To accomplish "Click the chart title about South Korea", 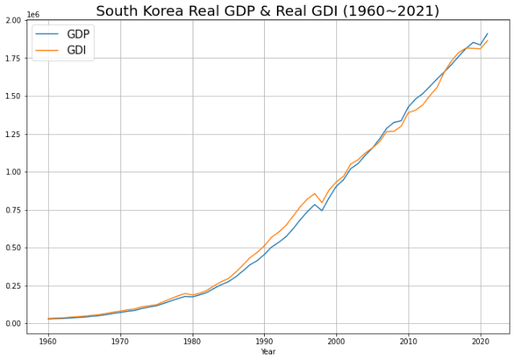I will [x=268, y=10].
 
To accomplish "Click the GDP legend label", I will [x=78, y=34].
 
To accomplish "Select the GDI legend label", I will [x=77, y=51].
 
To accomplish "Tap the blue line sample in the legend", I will [x=47, y=34].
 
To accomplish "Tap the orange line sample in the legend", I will [x=47, y=51].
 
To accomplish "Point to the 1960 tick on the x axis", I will [x=48, y=341].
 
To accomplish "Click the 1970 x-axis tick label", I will [x=120, y=341].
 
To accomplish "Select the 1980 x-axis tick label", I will [x=193, y=341].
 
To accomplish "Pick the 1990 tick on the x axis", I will [x=264, y=341].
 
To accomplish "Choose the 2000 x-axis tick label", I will [x=336, y=341].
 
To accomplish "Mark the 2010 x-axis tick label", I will [x=408, y=341].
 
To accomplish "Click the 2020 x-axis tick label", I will [x=481, y=341].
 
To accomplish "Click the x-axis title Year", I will [x=268, y=352].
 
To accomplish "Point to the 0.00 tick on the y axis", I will [x=13, y=324].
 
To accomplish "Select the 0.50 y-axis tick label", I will [x=13, y=248].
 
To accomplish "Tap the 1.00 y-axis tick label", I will [x=13, y=172].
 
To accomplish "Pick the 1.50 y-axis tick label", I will [x=13, y=96].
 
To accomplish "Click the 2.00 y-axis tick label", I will [x=13, y=20].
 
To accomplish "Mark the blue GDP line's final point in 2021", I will [x=487, y=34].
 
